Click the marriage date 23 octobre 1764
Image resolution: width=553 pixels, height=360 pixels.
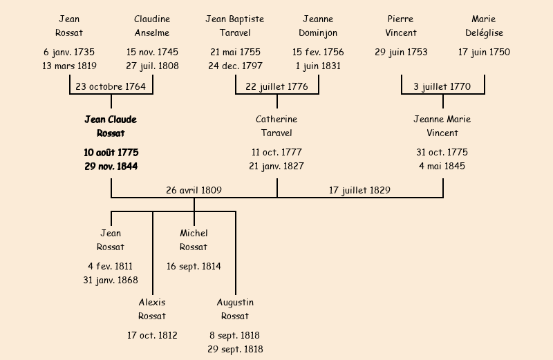click(x=111, y=86)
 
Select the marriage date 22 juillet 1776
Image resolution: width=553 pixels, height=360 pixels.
click(x=276, y=86)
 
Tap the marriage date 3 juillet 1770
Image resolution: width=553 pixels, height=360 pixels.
click(x=442, y=86)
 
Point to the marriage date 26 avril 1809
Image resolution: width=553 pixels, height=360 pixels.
click(x=194, y=190)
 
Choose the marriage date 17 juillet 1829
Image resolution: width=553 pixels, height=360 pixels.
click(x=360, y=190)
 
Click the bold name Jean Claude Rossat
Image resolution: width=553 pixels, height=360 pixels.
click(x=111, y=126)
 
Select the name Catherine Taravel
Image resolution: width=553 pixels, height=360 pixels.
click(x=276, y=126)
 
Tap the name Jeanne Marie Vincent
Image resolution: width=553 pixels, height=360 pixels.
click(x=442, y=126)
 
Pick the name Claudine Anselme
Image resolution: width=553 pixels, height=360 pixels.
click(x=152, y=26)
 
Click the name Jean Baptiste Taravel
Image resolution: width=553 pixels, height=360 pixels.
click(x=235, y=26)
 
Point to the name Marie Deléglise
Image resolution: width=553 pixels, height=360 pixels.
click(x=484, y=26)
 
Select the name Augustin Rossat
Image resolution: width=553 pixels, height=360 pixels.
click(x=235, y=310)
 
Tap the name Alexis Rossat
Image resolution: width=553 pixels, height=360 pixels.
click(x=152, y=310)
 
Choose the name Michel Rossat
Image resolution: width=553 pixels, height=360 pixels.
click(x=194, y=240)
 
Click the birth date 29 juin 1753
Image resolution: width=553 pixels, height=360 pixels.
click(x=401, y=53)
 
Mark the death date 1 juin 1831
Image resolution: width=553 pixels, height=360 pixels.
click(x=318, y=66)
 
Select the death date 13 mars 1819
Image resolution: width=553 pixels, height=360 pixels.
click(x=69, y=66)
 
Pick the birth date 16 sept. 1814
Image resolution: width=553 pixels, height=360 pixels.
click(x=194, y=266)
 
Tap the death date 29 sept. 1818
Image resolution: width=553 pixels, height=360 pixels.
click(x=235, y=350)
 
